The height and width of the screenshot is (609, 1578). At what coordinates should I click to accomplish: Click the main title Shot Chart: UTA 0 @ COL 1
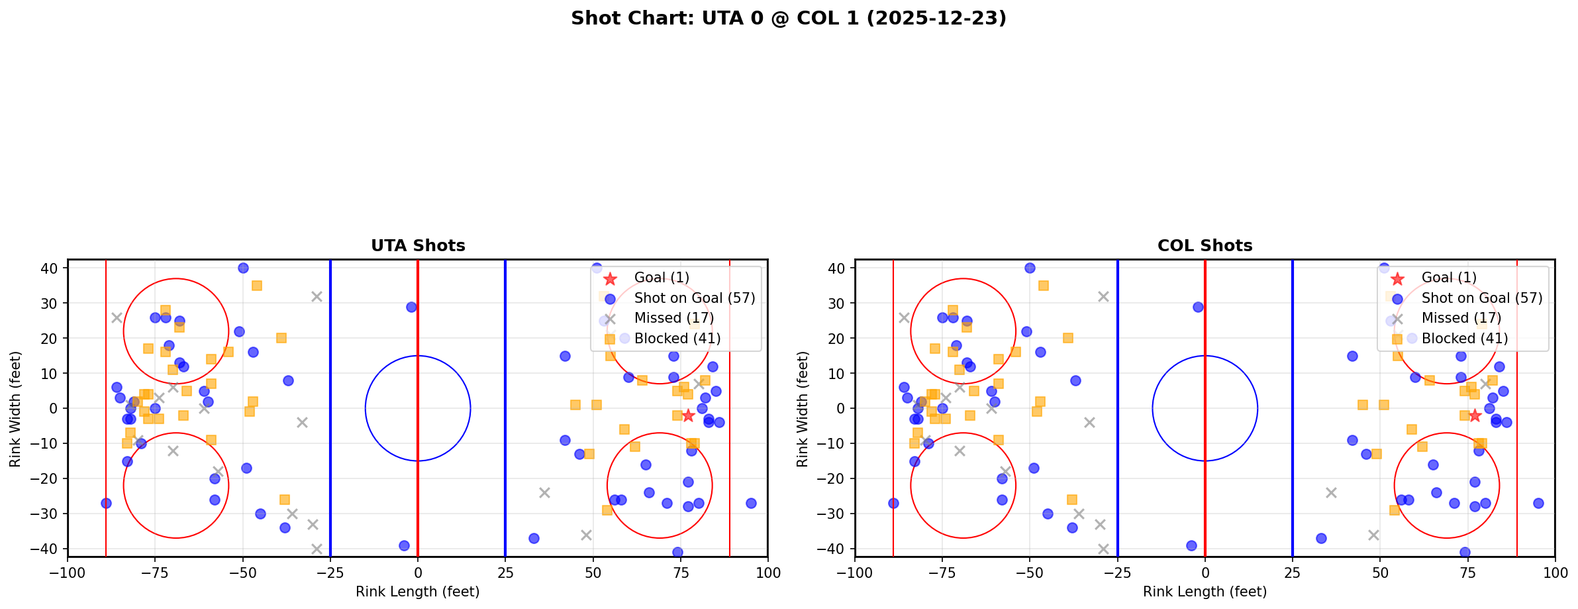pyautogui.click(x=788, y=19)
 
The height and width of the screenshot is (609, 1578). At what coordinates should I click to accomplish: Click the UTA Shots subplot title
pyautogui.click(x=418, y=246)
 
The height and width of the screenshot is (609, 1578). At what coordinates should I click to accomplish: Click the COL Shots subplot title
pyautogui.click(x=1205, y=246)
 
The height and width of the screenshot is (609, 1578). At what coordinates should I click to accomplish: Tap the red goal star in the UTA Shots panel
pyautogui.click(x=688, y=415)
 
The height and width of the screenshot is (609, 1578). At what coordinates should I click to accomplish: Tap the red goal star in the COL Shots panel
pyautogui.click(x=1475, y=415)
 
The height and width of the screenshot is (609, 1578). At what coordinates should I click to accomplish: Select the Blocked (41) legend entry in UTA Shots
pyautogui.click(x=677, y=339)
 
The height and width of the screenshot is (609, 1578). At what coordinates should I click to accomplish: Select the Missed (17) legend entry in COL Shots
pyautogui.click(x=1461, y=318)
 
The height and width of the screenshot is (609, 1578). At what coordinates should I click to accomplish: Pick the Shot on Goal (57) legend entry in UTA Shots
pyautogui.click(x=694, y=298)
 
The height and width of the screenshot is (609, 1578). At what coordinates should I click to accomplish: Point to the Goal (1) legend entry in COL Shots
pyautogui.click(x=1448, y=278)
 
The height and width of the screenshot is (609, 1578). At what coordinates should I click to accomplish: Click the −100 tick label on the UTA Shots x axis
pyautogui.click(x=68, y=573)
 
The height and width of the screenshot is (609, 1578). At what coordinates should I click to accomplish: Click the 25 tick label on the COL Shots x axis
pyautogui.click(x=1292, y=573)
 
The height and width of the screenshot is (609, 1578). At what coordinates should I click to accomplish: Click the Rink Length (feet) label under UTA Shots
pyautogui.click(x=418, y=592)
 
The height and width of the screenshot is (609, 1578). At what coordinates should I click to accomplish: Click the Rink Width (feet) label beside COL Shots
pyautogui.click(x=803, y=409)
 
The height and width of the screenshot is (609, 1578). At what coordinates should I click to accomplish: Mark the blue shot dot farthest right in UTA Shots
pyautogui.click(x=750, y=503)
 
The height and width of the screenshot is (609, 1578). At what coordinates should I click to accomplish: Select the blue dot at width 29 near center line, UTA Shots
pyautogui.click(x=411, y=307)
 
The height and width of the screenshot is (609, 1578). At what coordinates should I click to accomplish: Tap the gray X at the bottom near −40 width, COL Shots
pyautogui.click(x=1103, y=549)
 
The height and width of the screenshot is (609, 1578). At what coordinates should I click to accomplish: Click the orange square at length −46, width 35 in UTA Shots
pyautogui.click(x=257, y=286)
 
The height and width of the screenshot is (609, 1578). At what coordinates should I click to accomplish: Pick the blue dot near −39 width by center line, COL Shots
pyautogui.click(x=1191, y=545)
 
